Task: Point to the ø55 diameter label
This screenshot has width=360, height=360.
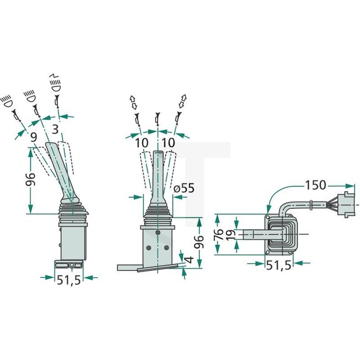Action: pyautogui.click(x=183, y=188)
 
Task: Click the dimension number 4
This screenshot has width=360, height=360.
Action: pyautogui.click(x=189, y=260)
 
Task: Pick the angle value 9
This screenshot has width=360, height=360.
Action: pyautogui.click(x=34, y=136)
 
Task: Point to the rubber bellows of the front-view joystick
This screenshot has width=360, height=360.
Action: pyautogui.click(x=158, y=217)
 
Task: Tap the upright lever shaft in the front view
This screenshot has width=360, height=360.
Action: pyautogui.click(x=158, y=177)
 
